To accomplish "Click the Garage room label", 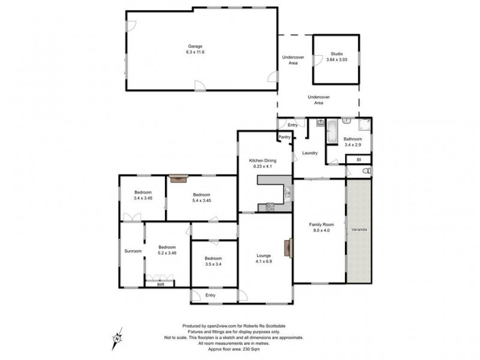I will point(195,46).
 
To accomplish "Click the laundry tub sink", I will point(320,122).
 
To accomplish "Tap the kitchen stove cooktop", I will point(270,208).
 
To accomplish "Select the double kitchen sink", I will point(288,193).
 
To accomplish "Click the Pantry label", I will point(284,137).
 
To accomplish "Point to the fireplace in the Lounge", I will point(291,247).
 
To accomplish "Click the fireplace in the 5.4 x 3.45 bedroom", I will point(178,177).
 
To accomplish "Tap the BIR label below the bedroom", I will point(160,284).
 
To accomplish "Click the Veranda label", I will point(359,230).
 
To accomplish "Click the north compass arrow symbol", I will point(118,338).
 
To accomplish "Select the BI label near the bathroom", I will point(358,160).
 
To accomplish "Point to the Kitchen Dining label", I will point(263,161).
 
